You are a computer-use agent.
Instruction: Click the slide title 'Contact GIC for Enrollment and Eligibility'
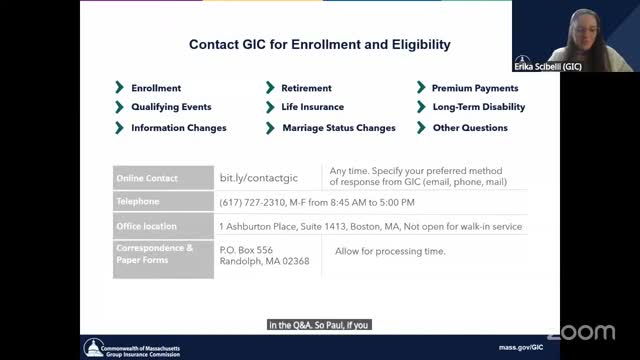point(320,44)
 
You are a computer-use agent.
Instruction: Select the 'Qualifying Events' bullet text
point(171,107)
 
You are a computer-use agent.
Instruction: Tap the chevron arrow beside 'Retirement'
point(270,87)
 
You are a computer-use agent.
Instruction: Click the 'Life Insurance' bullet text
point(313,107)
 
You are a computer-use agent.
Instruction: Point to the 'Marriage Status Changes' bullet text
point(339,128)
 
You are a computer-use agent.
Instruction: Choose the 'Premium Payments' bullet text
point(475,88)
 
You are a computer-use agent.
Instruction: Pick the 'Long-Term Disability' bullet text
point(479,107)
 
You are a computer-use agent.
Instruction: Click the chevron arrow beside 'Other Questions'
point(421,128)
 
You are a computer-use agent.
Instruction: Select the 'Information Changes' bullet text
point(179,128)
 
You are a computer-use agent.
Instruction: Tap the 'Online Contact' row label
point(147,178)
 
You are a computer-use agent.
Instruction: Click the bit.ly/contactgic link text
point(259,178)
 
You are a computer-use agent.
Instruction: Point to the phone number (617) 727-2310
point(253,202)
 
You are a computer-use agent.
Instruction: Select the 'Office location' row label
point(147,226)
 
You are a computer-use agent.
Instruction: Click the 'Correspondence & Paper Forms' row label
point(154,254)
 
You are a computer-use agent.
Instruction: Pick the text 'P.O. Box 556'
point(246,250)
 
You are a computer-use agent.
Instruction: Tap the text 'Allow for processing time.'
point(390,251)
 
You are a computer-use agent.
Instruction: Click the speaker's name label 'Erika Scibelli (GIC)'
point(548,67)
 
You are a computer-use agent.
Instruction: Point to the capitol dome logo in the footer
point(93,348)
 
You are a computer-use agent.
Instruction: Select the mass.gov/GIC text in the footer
point(521,347)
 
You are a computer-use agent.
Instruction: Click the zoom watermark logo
point(581,332)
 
